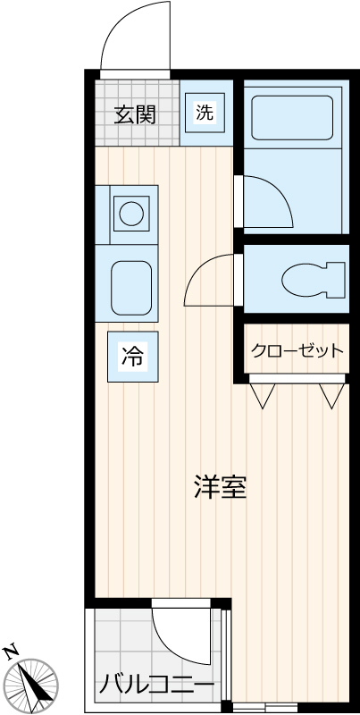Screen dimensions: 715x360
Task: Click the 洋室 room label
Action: point(220,488)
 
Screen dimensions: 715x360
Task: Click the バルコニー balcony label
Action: point(155,686)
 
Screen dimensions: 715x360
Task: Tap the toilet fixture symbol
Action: point(313,280)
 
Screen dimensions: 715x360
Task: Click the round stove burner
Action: point(131,214)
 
